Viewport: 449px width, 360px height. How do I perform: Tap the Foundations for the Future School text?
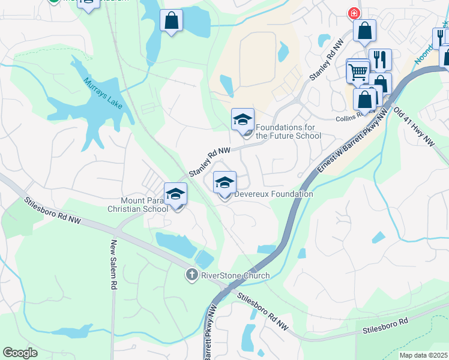288,131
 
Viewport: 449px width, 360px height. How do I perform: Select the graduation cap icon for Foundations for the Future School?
243,119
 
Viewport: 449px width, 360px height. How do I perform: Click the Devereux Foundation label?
273,194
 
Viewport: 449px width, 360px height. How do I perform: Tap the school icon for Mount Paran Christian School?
176,194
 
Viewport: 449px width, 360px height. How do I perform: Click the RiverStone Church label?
235,275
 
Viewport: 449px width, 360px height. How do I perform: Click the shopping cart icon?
358,71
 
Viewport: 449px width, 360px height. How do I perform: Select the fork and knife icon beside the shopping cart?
379,59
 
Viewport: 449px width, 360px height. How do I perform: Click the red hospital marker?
354,13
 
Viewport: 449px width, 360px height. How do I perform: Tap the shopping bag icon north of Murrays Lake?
172,20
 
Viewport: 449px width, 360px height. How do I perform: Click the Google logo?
20,353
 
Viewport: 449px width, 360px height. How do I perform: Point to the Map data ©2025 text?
423,355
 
